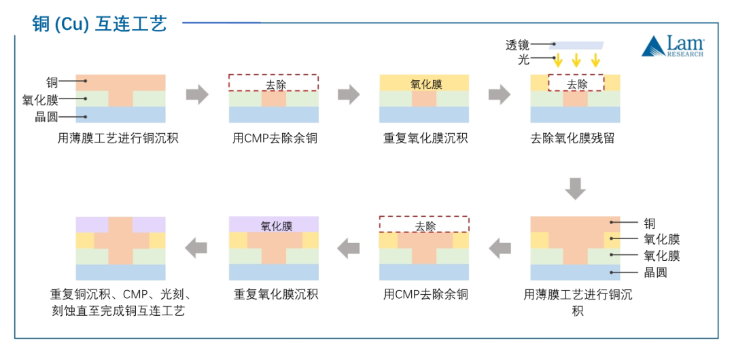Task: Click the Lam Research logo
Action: tap(673, 46)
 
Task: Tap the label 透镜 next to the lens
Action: tap(517, 46)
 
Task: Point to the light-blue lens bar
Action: tap(576, 46)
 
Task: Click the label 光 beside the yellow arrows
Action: tap(523, 60)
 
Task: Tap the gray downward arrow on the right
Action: tap(575, 188)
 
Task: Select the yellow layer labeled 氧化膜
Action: tap(425, 84)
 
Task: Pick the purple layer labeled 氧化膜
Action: tap(273, 225)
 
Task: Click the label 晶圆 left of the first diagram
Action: tap(47, 117)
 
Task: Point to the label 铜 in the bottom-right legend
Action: tap(650, 223)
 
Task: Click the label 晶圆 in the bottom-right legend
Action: tap(655, 272)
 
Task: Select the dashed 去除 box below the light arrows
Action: tap(576, 84)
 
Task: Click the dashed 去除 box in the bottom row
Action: tap(424, 225)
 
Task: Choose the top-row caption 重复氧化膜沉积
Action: tap(425, 139)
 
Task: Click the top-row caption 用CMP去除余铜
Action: tap(275, 139)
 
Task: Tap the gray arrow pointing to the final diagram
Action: tap(197, 248)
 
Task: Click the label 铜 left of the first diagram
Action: tap(52, 83)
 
